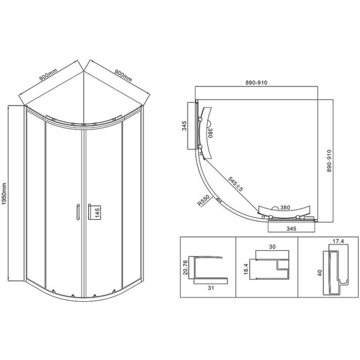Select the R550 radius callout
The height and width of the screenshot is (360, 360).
tap(203, 200)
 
